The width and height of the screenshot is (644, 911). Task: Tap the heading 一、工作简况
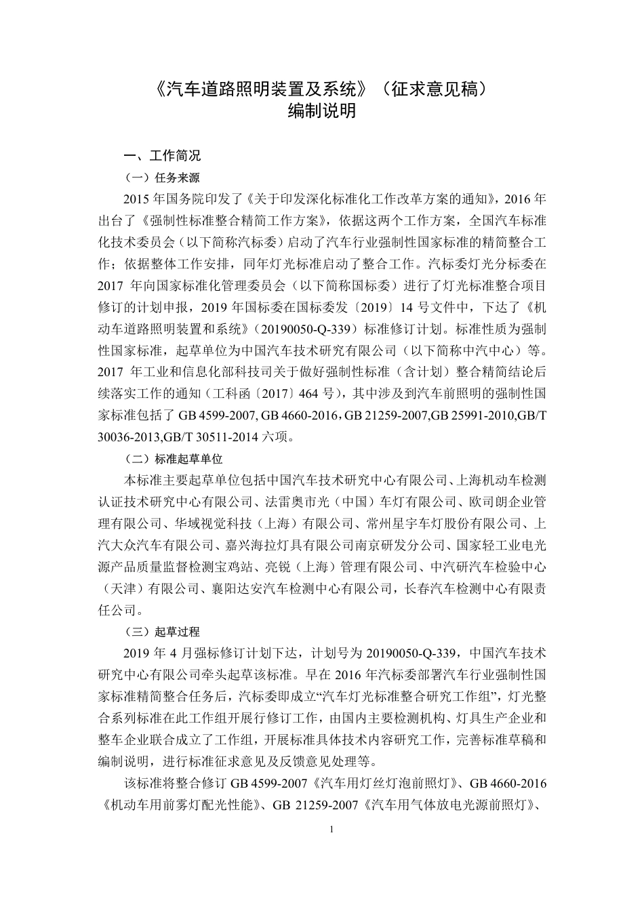[162, 156]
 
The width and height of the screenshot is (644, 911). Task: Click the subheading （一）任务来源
[163, 178]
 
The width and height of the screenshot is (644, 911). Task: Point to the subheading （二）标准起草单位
[174, 459]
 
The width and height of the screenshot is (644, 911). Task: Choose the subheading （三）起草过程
[163, 632]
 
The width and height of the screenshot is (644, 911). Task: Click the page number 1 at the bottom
[331, 829]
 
